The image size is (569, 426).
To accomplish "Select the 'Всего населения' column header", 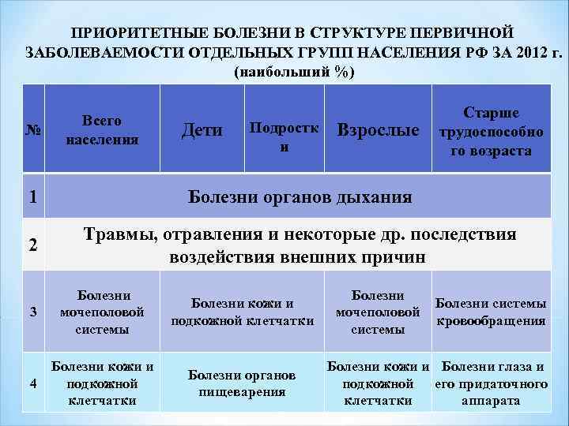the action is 102,131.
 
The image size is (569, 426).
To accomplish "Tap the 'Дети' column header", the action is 202,130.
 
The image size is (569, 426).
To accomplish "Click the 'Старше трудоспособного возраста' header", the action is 490,131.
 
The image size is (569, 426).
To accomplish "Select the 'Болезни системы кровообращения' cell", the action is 490,312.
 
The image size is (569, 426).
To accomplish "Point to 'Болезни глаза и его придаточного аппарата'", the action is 492,383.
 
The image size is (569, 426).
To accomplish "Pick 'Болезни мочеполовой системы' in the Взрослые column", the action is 378,312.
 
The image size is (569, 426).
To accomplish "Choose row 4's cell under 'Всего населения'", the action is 102,383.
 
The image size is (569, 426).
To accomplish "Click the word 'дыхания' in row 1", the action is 371,196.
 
